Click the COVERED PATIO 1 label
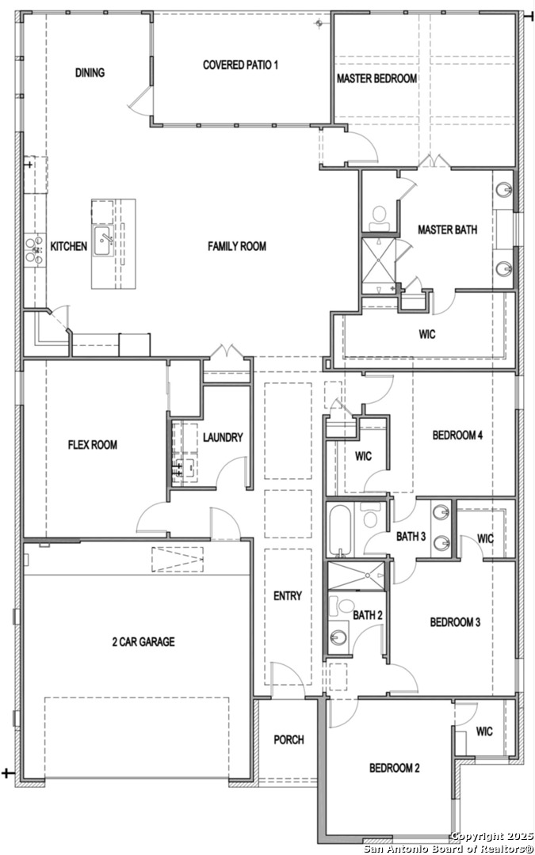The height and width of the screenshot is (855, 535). pos(241,65)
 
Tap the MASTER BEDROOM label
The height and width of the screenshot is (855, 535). pos(376,78)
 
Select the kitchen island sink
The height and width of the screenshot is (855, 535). pos(104,241)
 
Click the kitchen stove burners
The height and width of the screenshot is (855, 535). pos(34,249)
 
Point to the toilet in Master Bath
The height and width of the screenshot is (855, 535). pos(378,219)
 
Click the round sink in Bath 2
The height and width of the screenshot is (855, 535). pos(338,636)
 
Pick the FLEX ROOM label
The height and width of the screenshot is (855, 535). pos(92,445)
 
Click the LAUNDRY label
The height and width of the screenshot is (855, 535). pos(223,437)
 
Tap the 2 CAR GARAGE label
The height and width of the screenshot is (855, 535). pos(143,642)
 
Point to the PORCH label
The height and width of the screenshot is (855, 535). pos(289,740)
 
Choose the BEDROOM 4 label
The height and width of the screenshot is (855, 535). pos(457,435)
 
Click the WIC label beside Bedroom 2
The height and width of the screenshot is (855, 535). pos(484,731)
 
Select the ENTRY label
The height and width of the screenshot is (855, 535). pos(288,596)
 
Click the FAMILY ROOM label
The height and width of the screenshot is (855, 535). pos(237,246)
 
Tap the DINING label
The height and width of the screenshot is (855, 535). pos(90,73)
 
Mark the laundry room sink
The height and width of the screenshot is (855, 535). pos(189,467)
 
